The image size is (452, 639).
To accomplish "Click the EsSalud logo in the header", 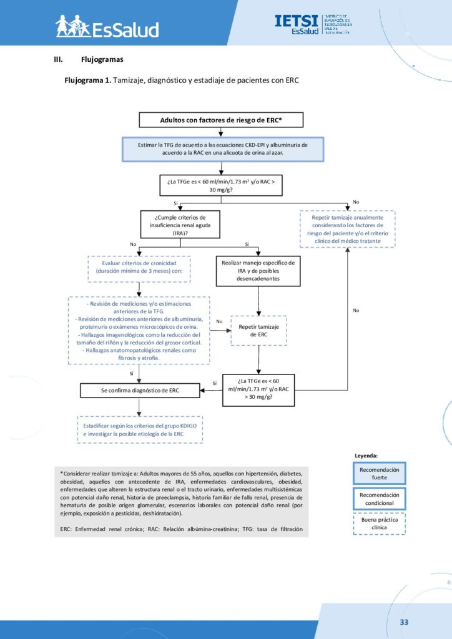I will pyautogui.click(x=107, y=26).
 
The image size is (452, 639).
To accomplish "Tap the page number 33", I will pyautogui.click(x=404, y=622).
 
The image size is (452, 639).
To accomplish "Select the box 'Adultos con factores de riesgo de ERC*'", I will pyautogui.click(x=221, y=120).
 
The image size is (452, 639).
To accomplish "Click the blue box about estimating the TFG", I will pyautogui.click(x=222, y=148).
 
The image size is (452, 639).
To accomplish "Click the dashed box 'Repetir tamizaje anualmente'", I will pyautogui.click(x=348, y=229).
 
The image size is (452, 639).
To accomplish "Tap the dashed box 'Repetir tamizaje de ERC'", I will pyautogui.click(x=258, y=331).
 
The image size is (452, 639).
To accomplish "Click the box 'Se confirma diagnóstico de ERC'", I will pyautogui.click(x=140, y=391).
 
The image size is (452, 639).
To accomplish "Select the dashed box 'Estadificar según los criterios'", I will pyautogui.click(x=140, y=429).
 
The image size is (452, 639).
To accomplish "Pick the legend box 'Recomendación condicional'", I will pyautogui.click(x=379, y=498).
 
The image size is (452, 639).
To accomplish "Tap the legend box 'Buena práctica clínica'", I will pyautogui.click(x=379, y=523).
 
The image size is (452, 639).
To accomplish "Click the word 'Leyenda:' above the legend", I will pyautogui.click(x=366, y=456).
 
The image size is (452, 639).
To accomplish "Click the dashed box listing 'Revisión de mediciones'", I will pyautogui.click(x=139, y=331).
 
